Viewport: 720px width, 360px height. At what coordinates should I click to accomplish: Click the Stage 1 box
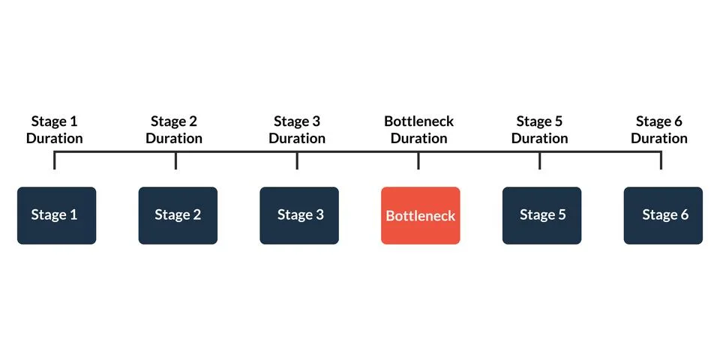point(56,215)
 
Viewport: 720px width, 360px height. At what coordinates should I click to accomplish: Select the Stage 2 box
point(178,215)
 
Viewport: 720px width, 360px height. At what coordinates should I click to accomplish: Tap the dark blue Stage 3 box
point(299,215)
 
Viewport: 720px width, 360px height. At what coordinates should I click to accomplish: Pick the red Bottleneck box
point(420,215)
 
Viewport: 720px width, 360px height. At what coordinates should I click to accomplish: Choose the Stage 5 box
point(541,215)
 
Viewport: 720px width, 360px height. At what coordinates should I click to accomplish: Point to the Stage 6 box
point(663,215)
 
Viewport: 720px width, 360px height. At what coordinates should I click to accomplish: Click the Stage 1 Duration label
point(54,130)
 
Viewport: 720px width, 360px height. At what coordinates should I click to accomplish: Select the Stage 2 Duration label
point(174,130)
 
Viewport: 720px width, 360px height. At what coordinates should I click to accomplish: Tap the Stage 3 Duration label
point(297,130)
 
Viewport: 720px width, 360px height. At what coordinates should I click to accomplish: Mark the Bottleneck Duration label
point(418,130)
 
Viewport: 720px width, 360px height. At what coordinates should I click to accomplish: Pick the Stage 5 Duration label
point(540,130)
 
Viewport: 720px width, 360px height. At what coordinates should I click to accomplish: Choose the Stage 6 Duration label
point(659,130)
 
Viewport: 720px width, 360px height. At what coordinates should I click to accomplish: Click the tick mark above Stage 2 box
point(175,161)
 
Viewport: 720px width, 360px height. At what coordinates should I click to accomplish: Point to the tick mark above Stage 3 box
point(297,161)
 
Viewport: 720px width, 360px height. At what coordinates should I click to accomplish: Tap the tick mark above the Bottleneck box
point(418,161)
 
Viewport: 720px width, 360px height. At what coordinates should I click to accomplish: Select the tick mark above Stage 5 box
point(540,161)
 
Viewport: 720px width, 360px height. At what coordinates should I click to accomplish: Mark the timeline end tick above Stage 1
point(54,161)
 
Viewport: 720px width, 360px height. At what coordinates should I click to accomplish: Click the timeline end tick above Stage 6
point(661,161)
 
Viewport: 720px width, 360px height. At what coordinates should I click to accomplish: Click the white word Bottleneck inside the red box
point(420,216)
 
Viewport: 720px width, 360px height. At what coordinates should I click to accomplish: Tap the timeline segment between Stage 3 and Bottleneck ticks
point(358,152)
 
